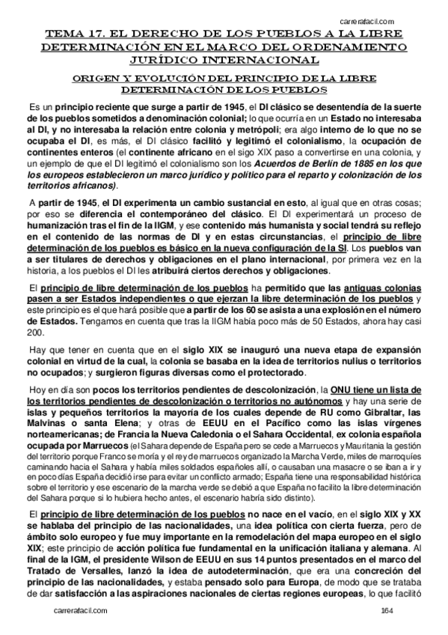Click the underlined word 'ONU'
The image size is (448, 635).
coord(343,390)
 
